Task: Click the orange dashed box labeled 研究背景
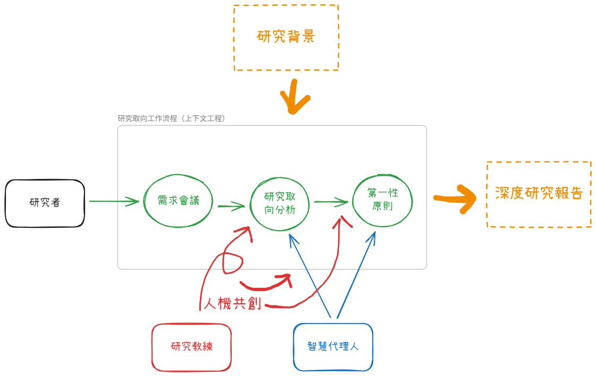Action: pyautogui.click(x=286, y=37)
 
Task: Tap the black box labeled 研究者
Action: pyautogui.click(x=45, y=203)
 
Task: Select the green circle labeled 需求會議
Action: pyautogui.click(x=178, y=201)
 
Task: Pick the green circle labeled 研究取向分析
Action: pyautogui.click(x=280, y=203)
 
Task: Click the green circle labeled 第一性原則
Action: pyautogui.click(x=382, y=200)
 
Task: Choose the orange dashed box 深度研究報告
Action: pyautogui.click(x=539, y=194)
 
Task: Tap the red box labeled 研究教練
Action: pyautogui.click(x=191, y=347)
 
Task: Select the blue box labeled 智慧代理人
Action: pyautogui.click(x=333, y=347)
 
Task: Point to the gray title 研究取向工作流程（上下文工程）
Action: pyautogui.click(x=172, y=118)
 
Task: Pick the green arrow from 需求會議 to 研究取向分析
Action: pyautogui.click(x=231, y=206)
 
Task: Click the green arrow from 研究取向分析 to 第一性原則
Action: pyautogui.click(x=330, y=202)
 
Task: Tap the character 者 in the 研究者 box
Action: pyautogui.click(x=56, y=203)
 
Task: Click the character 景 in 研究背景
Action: pyautogui.click(x=308, y=37)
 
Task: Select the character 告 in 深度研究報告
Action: pyautogui.click(x=576, y=193)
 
